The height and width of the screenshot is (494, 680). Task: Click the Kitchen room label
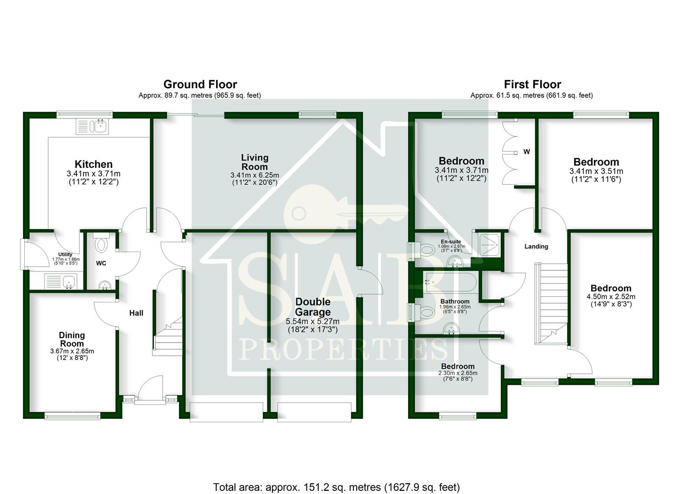(93, 164)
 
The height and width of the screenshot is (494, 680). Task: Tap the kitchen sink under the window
(92, 126)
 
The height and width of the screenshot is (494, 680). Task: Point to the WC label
(101, 263)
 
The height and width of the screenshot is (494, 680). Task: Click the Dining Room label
(72, 339)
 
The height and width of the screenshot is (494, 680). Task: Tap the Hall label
(136, 313)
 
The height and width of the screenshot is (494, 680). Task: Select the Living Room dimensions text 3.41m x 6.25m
(255, 175)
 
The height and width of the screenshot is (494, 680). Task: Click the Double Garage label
(313, 307)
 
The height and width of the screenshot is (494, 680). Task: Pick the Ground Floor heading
(200, 85)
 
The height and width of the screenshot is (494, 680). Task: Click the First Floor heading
(532, 85)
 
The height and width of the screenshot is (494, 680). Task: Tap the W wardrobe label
(527, 152)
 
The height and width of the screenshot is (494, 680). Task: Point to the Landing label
(536, 247)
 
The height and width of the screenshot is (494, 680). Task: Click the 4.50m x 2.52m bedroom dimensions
(611, 296)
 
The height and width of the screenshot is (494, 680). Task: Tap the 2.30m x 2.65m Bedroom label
(457, 366)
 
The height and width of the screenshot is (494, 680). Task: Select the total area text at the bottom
(336, 487)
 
